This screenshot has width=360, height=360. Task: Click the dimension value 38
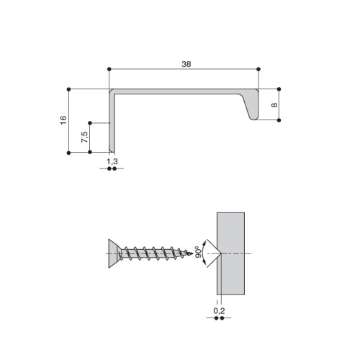pos(186,64)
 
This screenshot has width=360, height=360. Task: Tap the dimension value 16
pos(63,120)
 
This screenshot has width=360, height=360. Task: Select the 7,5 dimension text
pos(85,138)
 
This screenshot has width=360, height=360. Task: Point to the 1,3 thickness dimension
pos(112,161)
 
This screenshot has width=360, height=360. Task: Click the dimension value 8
pos(274,105)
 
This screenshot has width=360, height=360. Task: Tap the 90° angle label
pos(198,252)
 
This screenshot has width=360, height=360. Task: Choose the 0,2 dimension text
pos(219,311)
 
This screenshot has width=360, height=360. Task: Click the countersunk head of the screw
pos(114,253)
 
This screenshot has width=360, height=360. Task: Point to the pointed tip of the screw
pos(192,253)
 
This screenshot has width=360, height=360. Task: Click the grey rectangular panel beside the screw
pos(231,253)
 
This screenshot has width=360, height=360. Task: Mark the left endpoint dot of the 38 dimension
pos(109,69)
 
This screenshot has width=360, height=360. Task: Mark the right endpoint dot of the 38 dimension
pos(258,69)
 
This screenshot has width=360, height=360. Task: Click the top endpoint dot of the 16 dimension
pos(68,89)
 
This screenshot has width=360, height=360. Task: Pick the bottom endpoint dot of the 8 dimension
pos(279,120)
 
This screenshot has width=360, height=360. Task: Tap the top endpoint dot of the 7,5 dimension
pos(90,123)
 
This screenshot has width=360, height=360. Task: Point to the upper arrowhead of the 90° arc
pos(204,243)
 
